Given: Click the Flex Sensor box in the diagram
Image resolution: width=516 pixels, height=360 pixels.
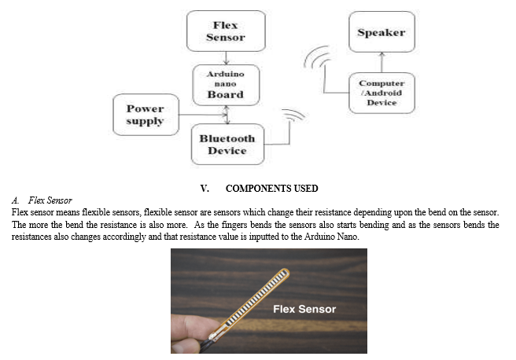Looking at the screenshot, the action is coord(226,31).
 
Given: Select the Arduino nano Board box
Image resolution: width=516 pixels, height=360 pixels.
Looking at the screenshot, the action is coord(226,85).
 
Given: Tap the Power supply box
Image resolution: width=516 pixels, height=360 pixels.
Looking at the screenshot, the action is coord(146,115).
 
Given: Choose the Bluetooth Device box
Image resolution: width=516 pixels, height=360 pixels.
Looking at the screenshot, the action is coord(227,145).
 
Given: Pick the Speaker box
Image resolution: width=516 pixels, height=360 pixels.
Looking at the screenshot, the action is coord(381,32).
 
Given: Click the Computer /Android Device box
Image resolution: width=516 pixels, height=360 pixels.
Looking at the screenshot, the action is coord(381,93).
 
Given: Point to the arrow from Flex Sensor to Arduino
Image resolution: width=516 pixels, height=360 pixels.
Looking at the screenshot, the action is coord(226,58).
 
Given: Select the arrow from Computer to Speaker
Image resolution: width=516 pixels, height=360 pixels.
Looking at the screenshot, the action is coord(381,62).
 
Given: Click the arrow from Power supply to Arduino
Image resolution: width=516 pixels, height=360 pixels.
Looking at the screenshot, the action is coord(203,115).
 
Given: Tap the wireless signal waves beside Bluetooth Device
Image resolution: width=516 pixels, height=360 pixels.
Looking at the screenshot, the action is coord(294,115).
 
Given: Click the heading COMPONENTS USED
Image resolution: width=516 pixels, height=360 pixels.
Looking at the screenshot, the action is coord(272,189).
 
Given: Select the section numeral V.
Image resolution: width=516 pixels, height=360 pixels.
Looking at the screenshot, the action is coord(205,189).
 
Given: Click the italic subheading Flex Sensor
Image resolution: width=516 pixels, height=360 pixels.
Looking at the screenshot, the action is coord(50,200).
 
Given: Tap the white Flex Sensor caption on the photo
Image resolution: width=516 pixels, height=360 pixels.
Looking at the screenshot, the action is coord(304,309).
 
